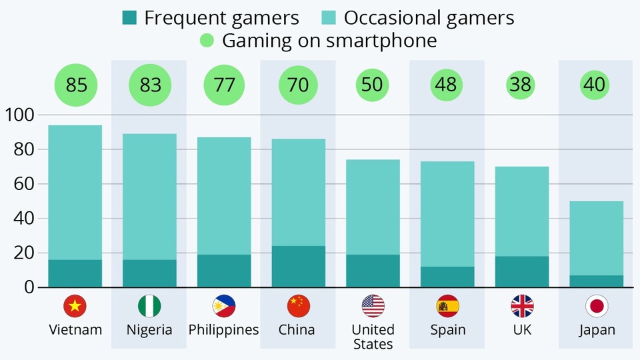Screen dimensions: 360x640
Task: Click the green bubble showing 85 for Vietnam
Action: coord(75,85)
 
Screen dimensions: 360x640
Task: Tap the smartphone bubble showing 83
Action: coord(150,85)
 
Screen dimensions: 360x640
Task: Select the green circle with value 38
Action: coord(522,85)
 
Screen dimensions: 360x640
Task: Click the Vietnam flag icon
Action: coord(75,306)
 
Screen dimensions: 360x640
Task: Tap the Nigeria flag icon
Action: coord(150,306)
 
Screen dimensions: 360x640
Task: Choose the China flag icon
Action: coord(299,306)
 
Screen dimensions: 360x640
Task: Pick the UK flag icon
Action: coord(522,306)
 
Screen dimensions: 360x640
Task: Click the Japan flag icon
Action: coord(597,306)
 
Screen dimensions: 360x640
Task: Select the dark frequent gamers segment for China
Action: coord(299,267)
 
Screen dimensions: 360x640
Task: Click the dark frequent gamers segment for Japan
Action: coord(597,281)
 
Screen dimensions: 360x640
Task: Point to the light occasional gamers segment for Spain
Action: coord(447,213)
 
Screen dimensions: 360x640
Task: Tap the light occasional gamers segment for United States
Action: coord(373,207)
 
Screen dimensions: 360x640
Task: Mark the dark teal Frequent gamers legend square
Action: coord(129,17)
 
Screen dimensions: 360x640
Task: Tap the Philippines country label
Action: coord(224,330)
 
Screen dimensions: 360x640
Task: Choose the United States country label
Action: coord(373,337)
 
